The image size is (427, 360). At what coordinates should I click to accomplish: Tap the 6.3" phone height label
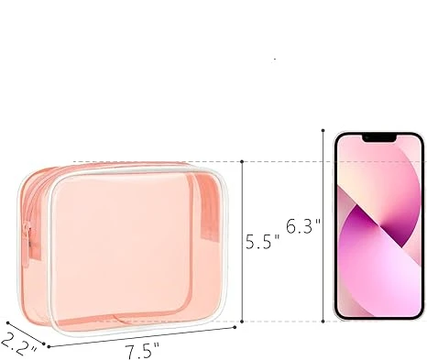coord(302,226)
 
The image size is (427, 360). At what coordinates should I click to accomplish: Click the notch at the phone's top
coord(378,138)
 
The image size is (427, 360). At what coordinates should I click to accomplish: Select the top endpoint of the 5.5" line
coord(242,161)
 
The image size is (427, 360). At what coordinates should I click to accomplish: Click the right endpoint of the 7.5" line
coord(235,326)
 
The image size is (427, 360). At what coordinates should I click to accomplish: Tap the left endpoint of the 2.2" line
coord(7,322)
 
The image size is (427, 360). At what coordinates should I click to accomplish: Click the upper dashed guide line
coord(284,162)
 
